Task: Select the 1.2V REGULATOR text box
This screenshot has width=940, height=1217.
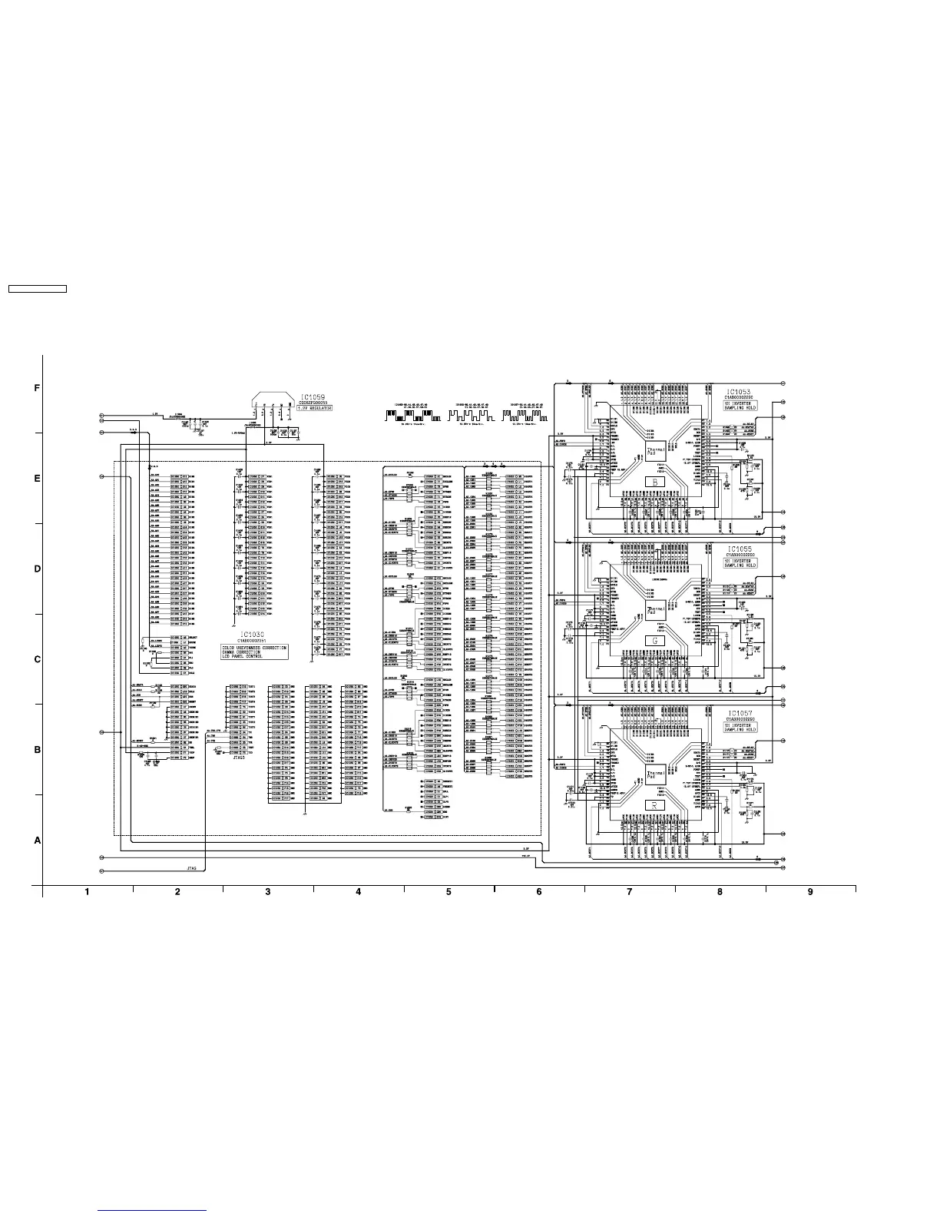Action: point(315,409)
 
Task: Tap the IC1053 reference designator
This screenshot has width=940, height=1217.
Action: point(741,390)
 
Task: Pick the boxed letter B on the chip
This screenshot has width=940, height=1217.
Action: point(654,482)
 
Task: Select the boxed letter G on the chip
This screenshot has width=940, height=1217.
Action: point(654,640)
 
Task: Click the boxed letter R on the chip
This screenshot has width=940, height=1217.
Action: point(654,804)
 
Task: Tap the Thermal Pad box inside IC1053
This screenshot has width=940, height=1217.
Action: point(656,452)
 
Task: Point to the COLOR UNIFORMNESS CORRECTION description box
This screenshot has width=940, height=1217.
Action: point(253,652)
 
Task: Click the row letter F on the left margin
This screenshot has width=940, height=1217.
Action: point(37,389)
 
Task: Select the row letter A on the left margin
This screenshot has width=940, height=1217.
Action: point(37,841)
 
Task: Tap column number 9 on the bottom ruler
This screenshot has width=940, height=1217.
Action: point(810,892)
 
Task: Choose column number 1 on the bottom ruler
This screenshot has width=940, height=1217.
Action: point(88,892)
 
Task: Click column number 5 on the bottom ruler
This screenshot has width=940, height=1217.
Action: point(448,892)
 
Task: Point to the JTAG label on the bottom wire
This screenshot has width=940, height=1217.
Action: point(192,867)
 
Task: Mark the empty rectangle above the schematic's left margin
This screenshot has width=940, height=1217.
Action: point(38,290)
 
